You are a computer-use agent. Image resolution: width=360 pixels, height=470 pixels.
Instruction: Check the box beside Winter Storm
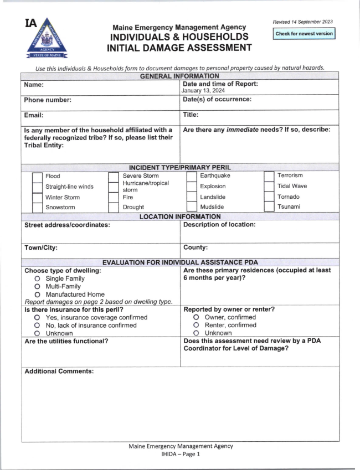point(37,198)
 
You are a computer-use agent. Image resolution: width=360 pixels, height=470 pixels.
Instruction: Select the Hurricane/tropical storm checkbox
point(114,187)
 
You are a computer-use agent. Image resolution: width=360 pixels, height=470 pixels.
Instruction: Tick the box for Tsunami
point(269,208)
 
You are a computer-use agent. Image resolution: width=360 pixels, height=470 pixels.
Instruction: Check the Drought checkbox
point(114,208)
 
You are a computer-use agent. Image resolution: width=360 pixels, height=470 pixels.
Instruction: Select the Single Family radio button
point(37,278)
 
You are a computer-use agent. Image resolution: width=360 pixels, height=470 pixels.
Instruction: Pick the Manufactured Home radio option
point(37,295)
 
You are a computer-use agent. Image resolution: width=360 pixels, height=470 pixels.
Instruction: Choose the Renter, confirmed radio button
point(196,326)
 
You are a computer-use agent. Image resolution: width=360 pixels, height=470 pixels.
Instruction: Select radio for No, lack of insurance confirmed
point(37,326)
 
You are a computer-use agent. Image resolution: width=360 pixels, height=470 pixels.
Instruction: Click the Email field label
point(34,115)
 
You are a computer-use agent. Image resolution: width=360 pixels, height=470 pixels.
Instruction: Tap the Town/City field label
point(41,249)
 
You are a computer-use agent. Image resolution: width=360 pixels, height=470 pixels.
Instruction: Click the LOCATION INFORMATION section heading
point(180,217)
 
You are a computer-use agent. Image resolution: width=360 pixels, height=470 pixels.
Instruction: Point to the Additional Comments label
point(59,371)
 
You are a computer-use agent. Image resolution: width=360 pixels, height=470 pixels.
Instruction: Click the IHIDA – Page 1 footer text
point(180,454)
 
